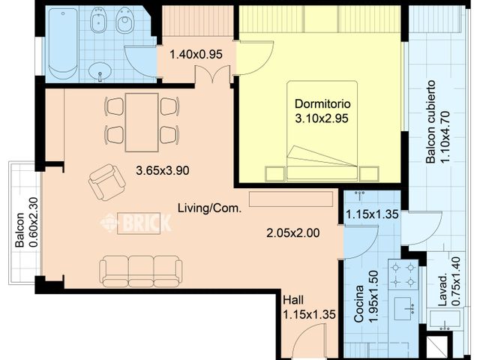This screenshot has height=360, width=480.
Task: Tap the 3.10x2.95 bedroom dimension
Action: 322,118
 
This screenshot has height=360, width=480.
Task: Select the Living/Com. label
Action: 210,208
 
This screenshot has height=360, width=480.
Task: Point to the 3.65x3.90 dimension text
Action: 163,170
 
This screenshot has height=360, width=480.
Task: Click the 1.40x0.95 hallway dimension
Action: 196,54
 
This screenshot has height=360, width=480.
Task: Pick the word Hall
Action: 293,300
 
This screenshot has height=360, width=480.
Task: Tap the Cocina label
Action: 358,304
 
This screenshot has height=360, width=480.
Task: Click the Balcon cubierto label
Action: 430,121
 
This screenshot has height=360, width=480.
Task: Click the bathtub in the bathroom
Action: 63,43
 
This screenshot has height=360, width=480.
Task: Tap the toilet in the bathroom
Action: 124,20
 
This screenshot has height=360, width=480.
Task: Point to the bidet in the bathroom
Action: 98,20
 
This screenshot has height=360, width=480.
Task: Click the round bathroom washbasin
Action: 100,72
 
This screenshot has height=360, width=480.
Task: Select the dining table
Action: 142,122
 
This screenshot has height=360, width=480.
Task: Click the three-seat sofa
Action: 141,271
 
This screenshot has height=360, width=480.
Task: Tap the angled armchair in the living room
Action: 106,182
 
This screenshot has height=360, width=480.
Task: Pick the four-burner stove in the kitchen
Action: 403,274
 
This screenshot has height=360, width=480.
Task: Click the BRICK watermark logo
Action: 136,223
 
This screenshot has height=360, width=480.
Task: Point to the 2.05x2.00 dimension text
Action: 293,233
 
